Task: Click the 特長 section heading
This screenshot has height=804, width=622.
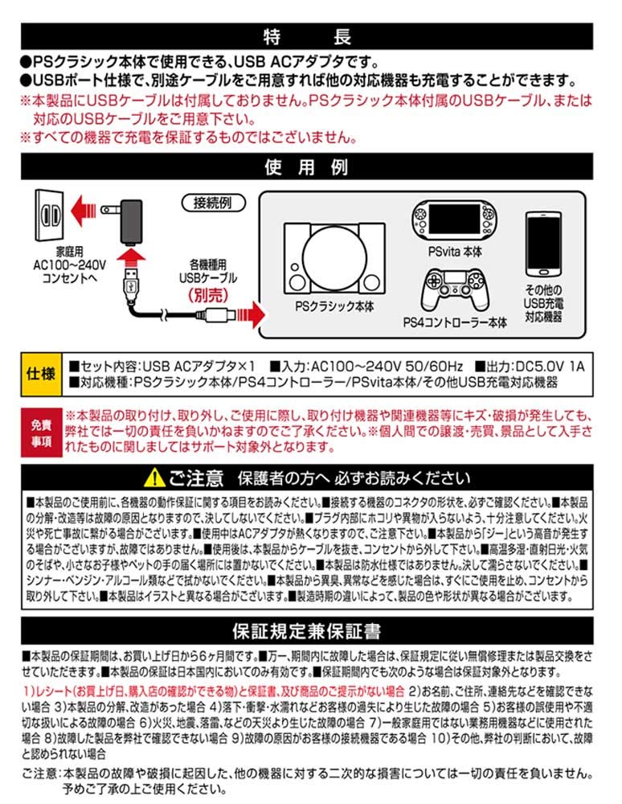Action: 307,36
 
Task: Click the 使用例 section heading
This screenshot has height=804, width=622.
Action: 306,167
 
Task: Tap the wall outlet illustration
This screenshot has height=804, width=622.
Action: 50,215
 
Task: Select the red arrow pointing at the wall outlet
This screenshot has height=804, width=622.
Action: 83,210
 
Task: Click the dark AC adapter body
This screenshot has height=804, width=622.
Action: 131,222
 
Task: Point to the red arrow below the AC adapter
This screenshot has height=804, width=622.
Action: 131,255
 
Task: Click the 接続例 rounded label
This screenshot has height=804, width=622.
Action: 213,203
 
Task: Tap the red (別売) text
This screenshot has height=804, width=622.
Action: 208,295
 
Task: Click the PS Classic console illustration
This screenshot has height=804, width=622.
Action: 334,258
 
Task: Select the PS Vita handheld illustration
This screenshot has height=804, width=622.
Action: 455,220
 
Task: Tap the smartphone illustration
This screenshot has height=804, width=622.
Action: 543,244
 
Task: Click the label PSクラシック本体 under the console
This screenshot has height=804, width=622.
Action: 334,306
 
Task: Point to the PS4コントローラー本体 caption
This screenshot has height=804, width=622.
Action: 455,322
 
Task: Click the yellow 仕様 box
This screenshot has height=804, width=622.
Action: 41,375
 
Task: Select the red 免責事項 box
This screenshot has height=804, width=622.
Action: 42,433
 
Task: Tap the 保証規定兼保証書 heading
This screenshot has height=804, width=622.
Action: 306,631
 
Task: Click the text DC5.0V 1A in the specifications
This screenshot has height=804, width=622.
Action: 550,366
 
